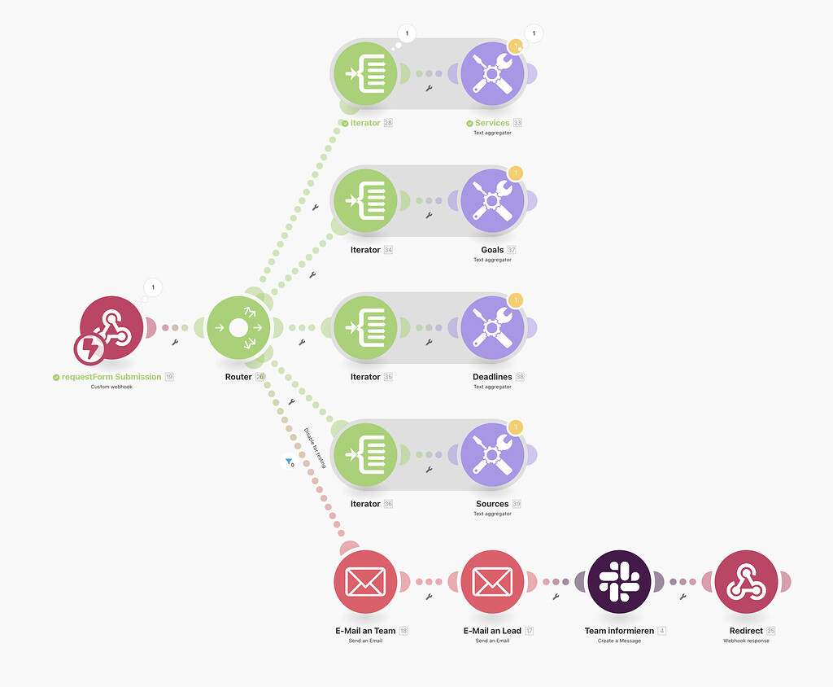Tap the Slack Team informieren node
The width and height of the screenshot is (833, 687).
click(x=619, y=581)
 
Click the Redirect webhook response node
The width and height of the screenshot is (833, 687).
click(x=746, y=581)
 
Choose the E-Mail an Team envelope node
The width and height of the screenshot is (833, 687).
click(x=365, y=581)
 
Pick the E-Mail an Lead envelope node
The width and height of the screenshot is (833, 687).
click(x=492, y=581)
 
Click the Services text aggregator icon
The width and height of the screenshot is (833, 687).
click(x=492, y=73)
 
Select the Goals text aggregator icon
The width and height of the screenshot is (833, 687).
click(x=492, y=200)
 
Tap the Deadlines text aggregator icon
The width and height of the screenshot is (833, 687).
click(x=492, y=327)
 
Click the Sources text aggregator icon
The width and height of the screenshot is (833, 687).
click(x=492, y=454)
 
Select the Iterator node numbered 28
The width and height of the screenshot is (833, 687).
click(x=365, y=73)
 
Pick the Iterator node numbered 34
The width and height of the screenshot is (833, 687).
click(x=365, y=200)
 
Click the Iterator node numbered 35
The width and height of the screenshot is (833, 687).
click(x=365, y=327)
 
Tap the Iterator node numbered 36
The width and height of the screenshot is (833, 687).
click(x=365, y=454)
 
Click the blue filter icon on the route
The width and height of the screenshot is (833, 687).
click(x=290, y=462)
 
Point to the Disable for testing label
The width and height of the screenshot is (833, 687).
click(x=315, y=448)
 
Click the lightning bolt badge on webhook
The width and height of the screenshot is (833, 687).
click(x=89, y=349)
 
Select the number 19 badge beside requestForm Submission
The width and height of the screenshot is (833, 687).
click(x=169, y=377)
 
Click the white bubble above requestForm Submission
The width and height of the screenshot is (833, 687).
click(x=153, y=287)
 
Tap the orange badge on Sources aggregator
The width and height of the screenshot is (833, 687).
click(x=515, y=427)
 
